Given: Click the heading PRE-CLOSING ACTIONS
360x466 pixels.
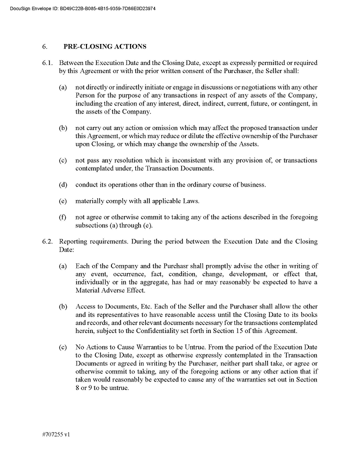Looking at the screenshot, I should [104, 46].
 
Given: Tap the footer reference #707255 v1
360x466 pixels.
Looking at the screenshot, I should [56, 434].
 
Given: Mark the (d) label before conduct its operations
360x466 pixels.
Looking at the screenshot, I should [63, 184].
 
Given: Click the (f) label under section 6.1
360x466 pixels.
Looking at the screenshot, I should [63, 217].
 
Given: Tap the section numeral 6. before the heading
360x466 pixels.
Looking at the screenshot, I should [44, 46].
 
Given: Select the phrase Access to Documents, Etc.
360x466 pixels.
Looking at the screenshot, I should [110, 306].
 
